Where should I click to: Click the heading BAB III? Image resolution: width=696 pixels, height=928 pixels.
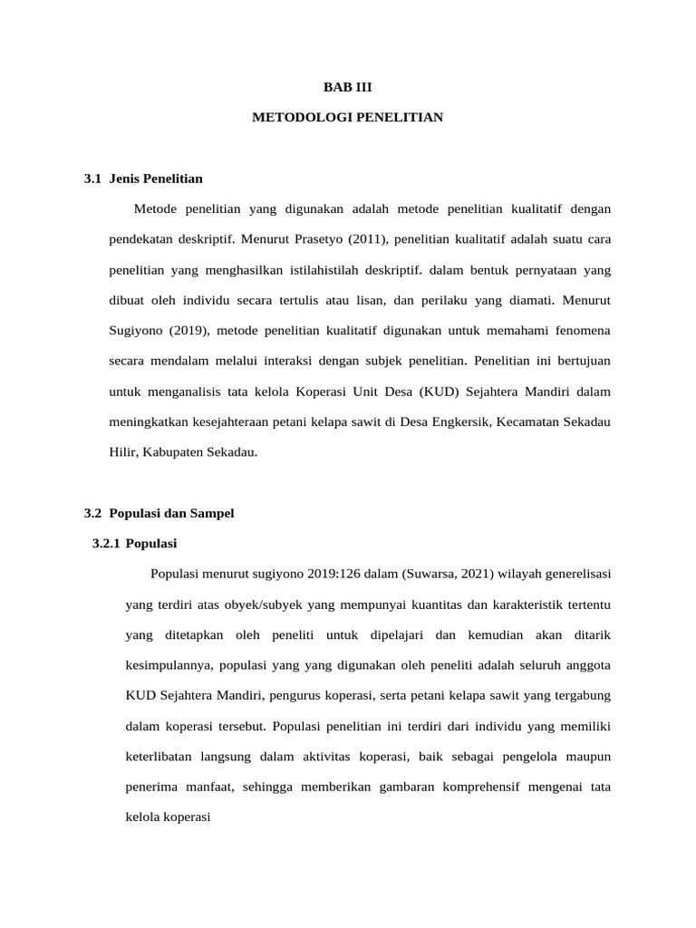348,88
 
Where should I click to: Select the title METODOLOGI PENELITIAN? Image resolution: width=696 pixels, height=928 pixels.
348,118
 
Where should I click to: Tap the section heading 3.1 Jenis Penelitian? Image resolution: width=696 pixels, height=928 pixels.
143,179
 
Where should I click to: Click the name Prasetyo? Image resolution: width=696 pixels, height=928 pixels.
320,239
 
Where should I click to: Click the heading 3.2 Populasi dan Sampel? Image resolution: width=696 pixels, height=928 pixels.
159,513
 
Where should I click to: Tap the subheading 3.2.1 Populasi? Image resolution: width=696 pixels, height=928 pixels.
135,544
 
